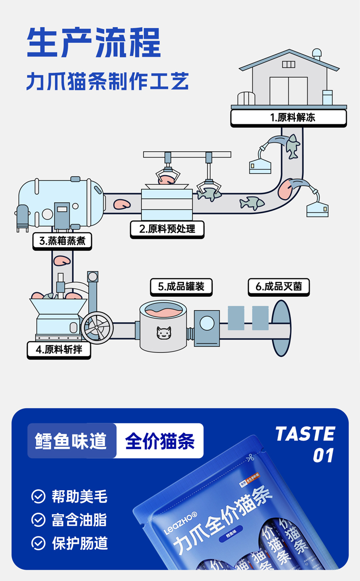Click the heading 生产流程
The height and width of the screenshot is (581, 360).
[x=94, y=43]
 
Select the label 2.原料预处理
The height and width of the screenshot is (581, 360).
[x=167, y=229]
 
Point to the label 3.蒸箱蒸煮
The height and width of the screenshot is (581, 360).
[x=62, y=241]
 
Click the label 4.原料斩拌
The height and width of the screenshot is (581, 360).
[x=59, y=350]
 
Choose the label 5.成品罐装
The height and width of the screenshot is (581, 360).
[x=181, y=287]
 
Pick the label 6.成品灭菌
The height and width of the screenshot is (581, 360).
[x=278, y=287]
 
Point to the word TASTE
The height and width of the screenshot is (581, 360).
[x=305, y=434]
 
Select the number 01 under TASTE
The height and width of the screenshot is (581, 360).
[x=323, y=456]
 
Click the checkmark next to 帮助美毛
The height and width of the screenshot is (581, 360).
[x=38, y=496]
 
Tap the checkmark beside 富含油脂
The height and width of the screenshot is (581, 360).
[x=38, y=520]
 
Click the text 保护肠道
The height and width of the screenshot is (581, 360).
[x=80, y=543]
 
